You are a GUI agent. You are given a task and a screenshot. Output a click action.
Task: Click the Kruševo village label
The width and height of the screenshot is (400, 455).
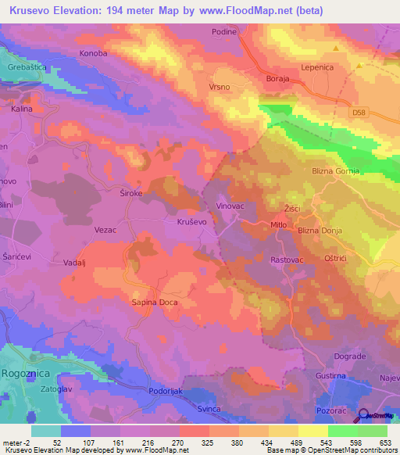pyautogui.click(x=186, y=222)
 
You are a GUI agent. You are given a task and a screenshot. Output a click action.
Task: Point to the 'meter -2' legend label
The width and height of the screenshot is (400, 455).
pyautogui.click(x=16, y=442)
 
